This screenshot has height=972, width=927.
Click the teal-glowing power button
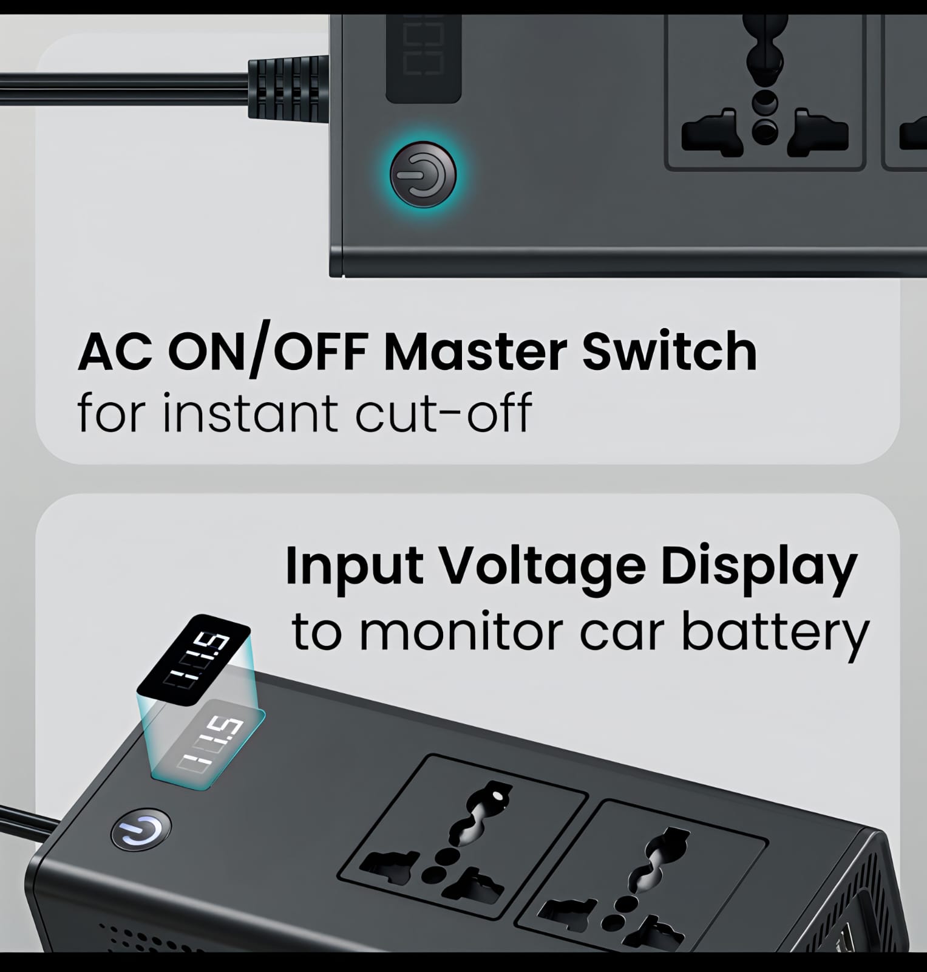(x=423, y=175)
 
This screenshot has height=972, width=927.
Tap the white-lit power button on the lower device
(x=141, y=829)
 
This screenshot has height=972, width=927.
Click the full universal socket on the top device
(x=764, y=91)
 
